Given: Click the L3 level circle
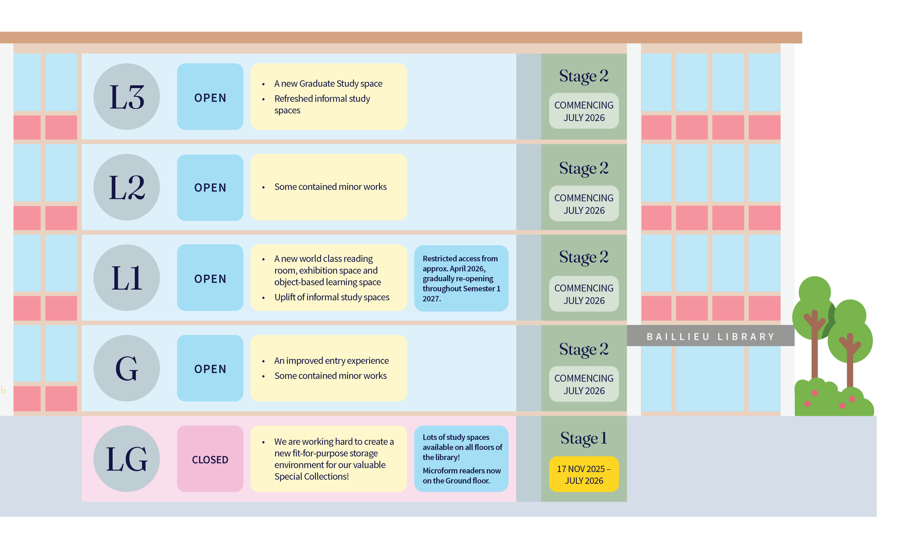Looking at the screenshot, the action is pos(127,96).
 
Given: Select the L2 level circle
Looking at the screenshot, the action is pos(127,187).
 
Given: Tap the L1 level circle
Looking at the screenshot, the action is pos(127,277).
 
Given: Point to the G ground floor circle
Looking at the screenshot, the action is pos(127,368).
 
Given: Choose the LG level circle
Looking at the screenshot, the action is pos(127,458).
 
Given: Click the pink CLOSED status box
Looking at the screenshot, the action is pos(210,458).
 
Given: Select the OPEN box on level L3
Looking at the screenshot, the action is pos(210,96).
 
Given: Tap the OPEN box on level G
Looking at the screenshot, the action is pos(210,368).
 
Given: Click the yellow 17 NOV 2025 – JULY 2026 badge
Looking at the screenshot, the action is pos(584,474).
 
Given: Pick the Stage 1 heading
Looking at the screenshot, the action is pos(584,438).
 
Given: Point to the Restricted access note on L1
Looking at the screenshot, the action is pos(461,278).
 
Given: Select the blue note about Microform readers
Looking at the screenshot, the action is pos(461,458).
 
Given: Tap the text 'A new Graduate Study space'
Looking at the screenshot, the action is pos(328,84).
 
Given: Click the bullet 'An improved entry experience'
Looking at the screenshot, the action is pos(332,361).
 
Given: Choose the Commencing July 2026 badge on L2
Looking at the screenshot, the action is pos(584,204).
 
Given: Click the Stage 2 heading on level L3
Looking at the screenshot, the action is pos(584,76).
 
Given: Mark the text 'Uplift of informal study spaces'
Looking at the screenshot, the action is pos(332,297).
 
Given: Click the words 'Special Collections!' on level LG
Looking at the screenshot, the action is pos(311,477).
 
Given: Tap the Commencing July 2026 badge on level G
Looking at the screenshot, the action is pos(584,384).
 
